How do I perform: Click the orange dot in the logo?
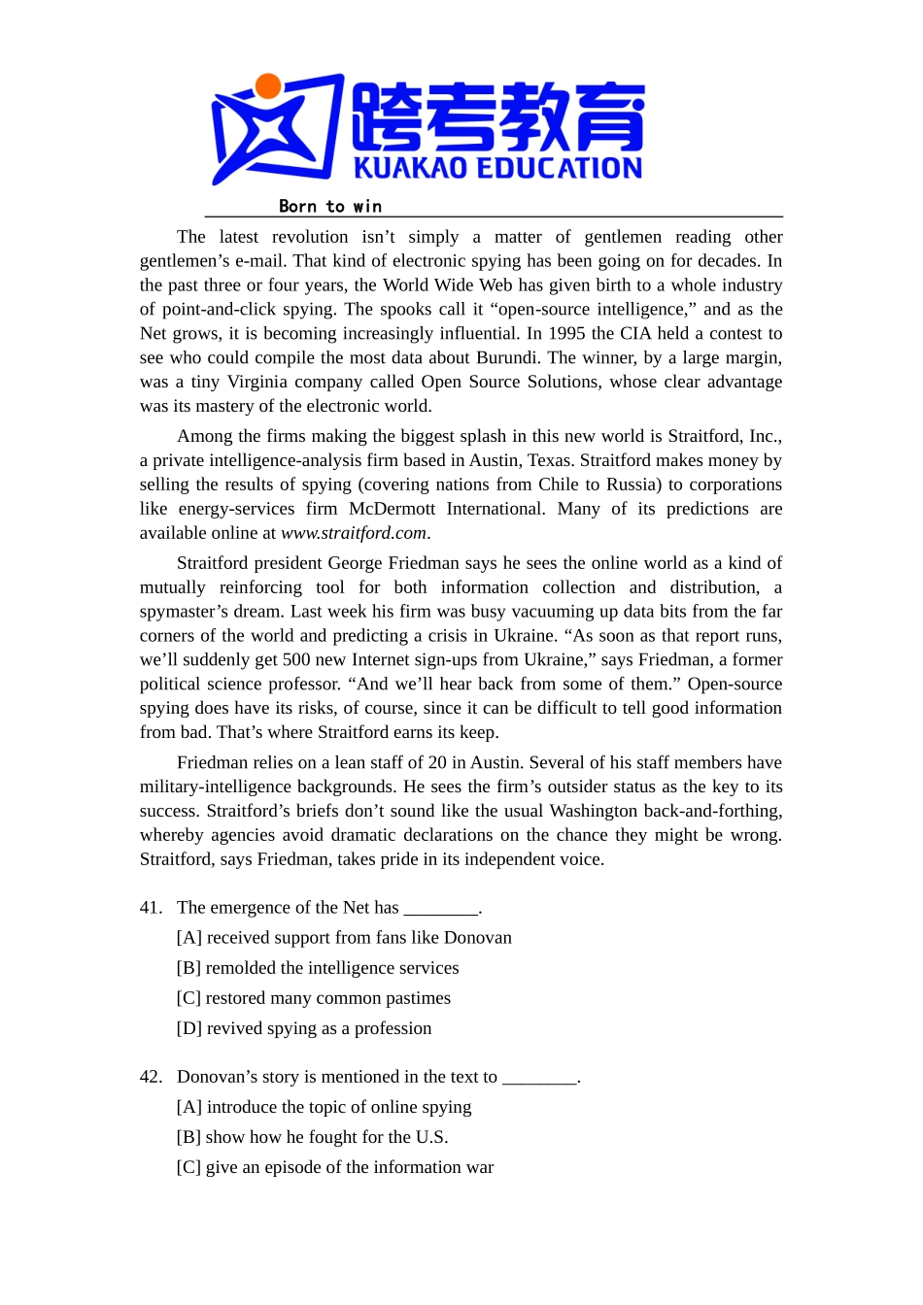point(268,86)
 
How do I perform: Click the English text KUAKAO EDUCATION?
point(497,169)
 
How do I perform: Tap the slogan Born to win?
point(330,206)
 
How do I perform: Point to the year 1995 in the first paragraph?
point(567,333)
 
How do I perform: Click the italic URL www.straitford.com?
point(354,533)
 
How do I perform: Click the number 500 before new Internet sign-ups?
point(296,660)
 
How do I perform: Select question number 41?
point(151,908)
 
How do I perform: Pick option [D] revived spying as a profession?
point(304,1028)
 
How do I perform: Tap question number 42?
point(151,1077)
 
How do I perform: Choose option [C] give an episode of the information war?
point(335,1167)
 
